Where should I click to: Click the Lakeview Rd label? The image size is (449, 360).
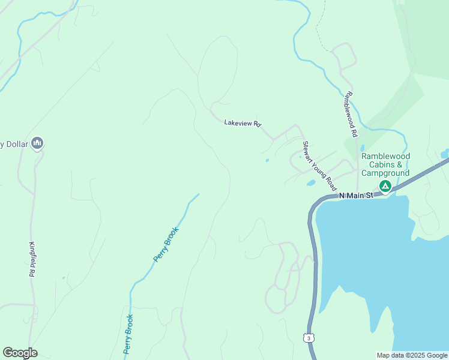(x=243, y=123)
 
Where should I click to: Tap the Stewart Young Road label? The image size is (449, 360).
(x=319, y=166)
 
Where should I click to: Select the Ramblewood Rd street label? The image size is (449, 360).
(x=351, y=113)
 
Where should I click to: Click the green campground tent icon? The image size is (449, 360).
(x=385, y=187)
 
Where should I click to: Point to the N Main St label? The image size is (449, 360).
(x=356, y=195)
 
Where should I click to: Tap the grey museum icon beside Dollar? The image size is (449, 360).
(x=37, y=143)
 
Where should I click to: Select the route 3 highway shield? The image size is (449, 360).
(x=309, y=338)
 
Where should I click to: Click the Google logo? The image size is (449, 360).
(x=20, y=353)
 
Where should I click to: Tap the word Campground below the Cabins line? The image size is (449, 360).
(x=385, y=173)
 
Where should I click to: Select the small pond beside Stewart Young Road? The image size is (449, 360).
(x=310, y=182)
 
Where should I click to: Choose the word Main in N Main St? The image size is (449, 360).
(x=357, y=195)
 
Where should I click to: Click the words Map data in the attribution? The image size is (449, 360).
(x=391, y=355)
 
